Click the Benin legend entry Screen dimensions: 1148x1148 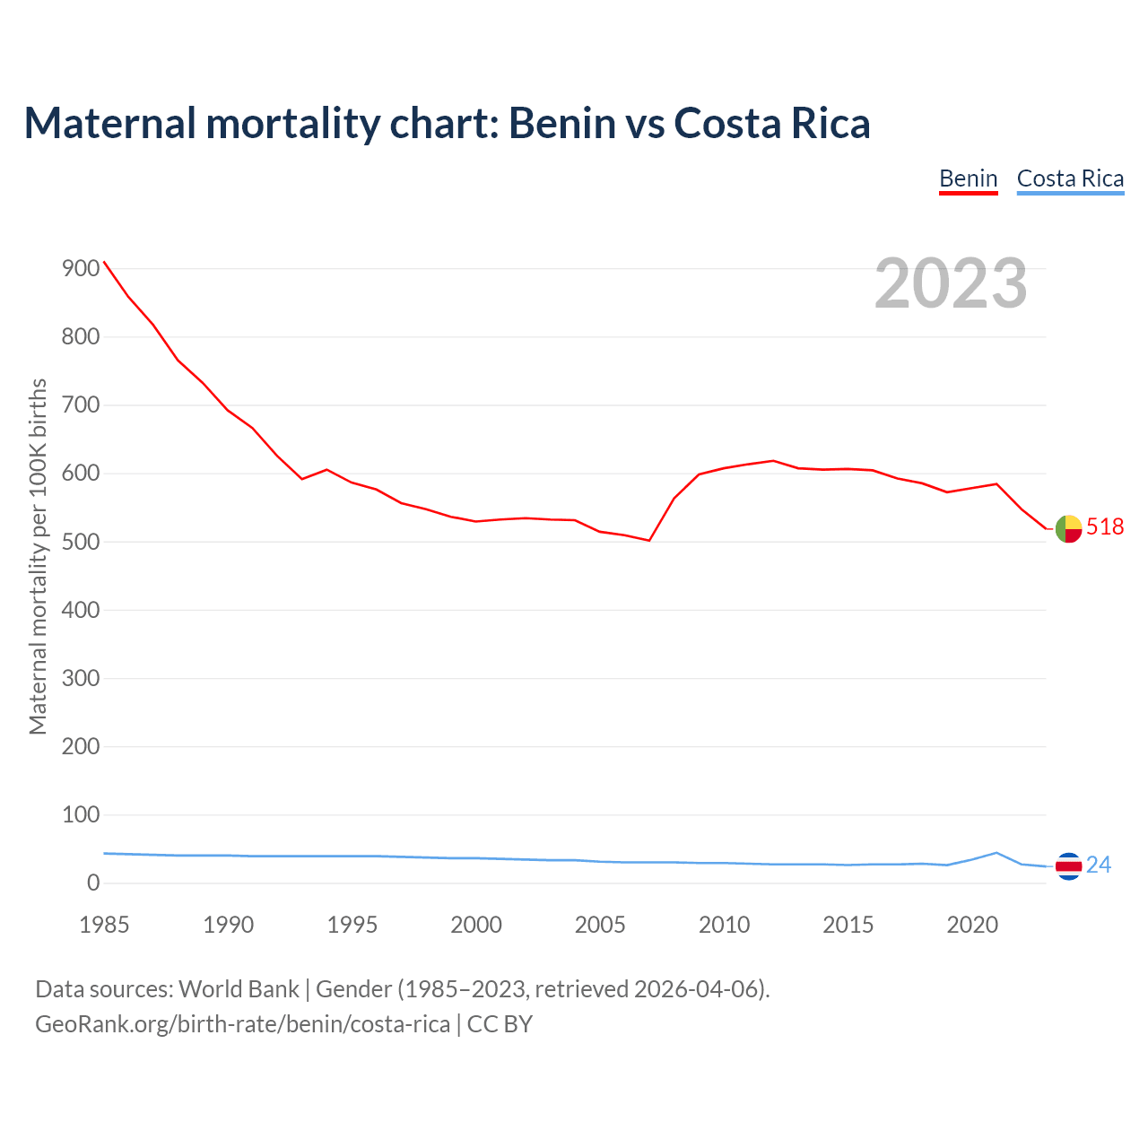pyautogui.click(x=968, y=178)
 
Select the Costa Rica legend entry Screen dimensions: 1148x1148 pyautogui.click(x=1070, y=178)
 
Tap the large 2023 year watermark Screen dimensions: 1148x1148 pyautogui.click(x=951, y=283)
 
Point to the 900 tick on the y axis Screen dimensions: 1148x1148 pyautogui.click(x=81, y=269)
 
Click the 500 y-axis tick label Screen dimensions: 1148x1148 pyautogui.click(x=81, y=542)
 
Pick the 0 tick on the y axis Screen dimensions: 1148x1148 pyautogui.click(x=93, y=883)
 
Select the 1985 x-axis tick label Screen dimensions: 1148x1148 pyautogui.click(x=104, y=925)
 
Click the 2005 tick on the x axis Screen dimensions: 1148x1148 pyautogui.click(x=600, y=925)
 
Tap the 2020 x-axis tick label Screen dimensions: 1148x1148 pyautogui.click(x=972, y=925)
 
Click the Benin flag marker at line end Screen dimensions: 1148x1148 pyautogui.click(x=1068, y=529)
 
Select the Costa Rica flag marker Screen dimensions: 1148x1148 pyautogui.click(x=1068, y=866)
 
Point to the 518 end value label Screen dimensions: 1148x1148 pyautogui.click(x=1105, y=527)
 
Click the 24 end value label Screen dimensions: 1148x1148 pyautogui.click(x=1099, y=865)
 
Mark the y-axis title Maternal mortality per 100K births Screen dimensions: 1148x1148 pyautogui.click(x=38, y=557)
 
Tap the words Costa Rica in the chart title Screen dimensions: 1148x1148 pyautogui.click(x=771, y=123)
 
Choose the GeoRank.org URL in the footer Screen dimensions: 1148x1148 pyautogui.click(x=242, y=1024)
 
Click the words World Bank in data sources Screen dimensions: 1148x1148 pyautogui.click(x=239, y=989)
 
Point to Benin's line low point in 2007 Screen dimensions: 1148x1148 pyautogui.click(x=648, y=540)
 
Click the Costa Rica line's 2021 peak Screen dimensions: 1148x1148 pyautogui.click(x=996, y=853)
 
